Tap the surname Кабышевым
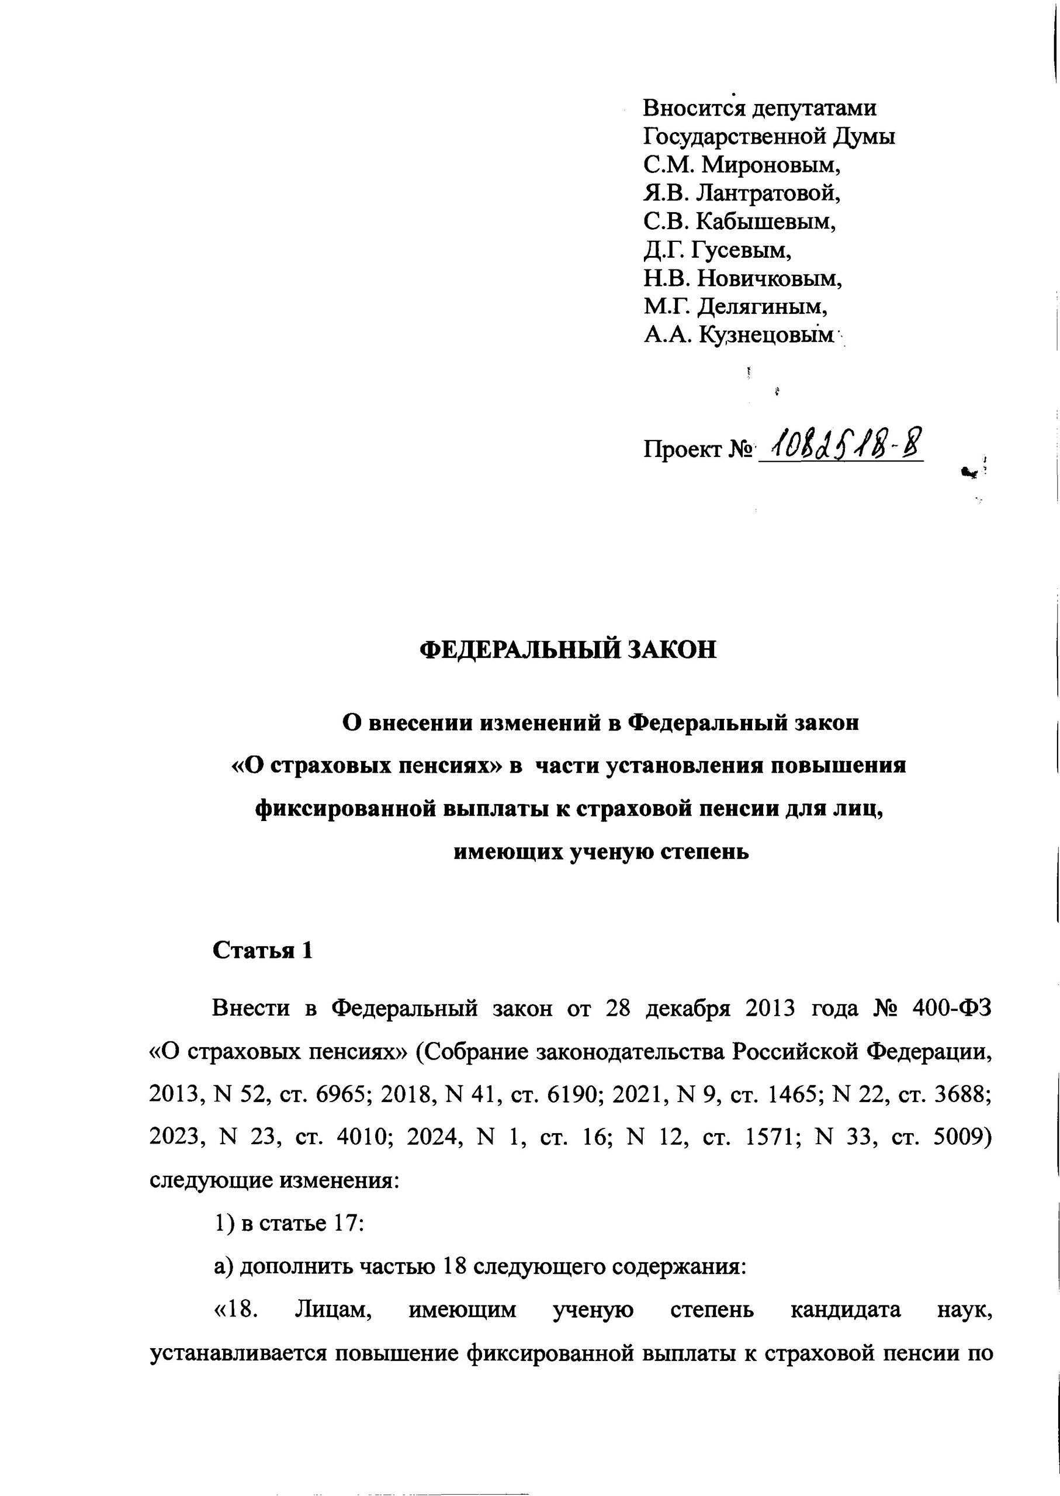coord(765,222)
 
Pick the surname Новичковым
coord(770,279)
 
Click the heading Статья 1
coord(263,951)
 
